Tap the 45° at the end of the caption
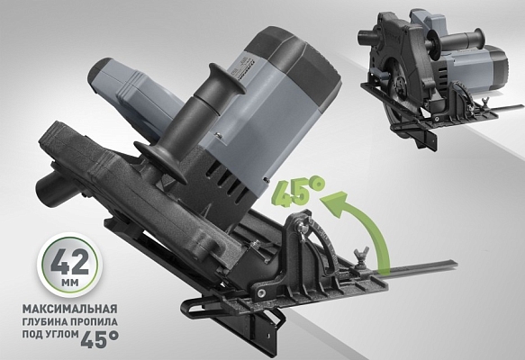click(x=107, y=340)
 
